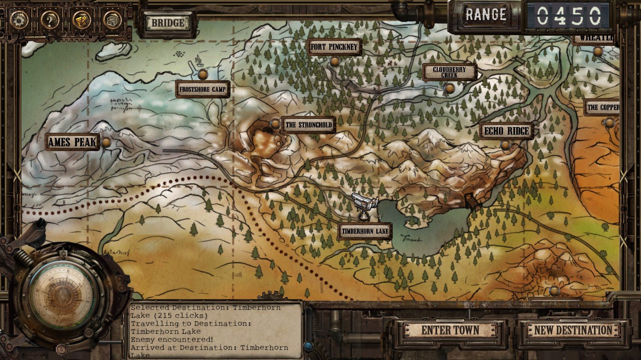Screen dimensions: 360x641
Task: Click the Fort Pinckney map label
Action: (x=334, y=47)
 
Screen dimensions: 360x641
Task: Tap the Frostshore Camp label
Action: (x=203, y=89)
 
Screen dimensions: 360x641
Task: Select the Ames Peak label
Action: (x=72, y=142)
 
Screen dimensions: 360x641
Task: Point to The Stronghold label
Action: (x=308, y=125)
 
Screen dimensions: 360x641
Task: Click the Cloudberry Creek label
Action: (x=449, y=72)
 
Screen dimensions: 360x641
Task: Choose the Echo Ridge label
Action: (x=507, y=131)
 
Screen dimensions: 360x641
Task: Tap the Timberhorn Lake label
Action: (x=365, y=231)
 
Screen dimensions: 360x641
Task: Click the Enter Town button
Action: (x=450, y=330)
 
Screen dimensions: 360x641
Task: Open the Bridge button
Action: (x=168, y=23)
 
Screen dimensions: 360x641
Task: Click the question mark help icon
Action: (x=49, y=19)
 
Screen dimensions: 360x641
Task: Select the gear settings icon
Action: (x=18, y=19)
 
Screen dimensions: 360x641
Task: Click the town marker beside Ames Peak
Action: (x=106, y=142)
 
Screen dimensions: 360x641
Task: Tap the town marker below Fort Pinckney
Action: (x=335, y=61)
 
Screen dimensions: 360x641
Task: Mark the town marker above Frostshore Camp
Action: (x=203, y=74)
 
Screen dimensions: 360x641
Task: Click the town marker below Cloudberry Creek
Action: (x=449, y=88)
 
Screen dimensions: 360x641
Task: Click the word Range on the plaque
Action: (x=486, y=15)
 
